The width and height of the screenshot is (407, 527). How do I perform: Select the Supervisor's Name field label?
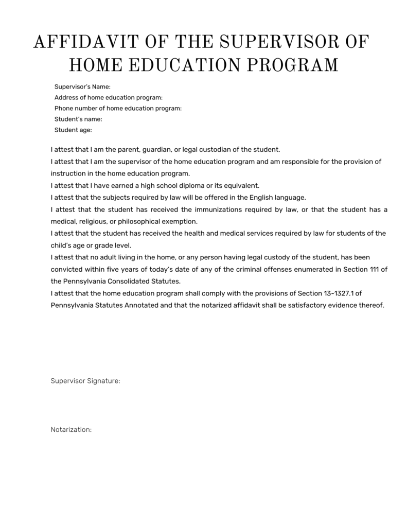(82, 87)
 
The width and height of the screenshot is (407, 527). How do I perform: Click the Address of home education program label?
(109, 98)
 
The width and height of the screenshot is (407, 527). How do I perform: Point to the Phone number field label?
(118, 109)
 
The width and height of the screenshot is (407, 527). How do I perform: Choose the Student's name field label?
(78, 119)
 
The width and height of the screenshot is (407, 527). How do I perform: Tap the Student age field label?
(73, 130)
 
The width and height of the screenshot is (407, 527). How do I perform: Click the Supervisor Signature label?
(85, 381)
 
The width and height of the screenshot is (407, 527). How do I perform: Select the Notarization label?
(71, 429)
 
